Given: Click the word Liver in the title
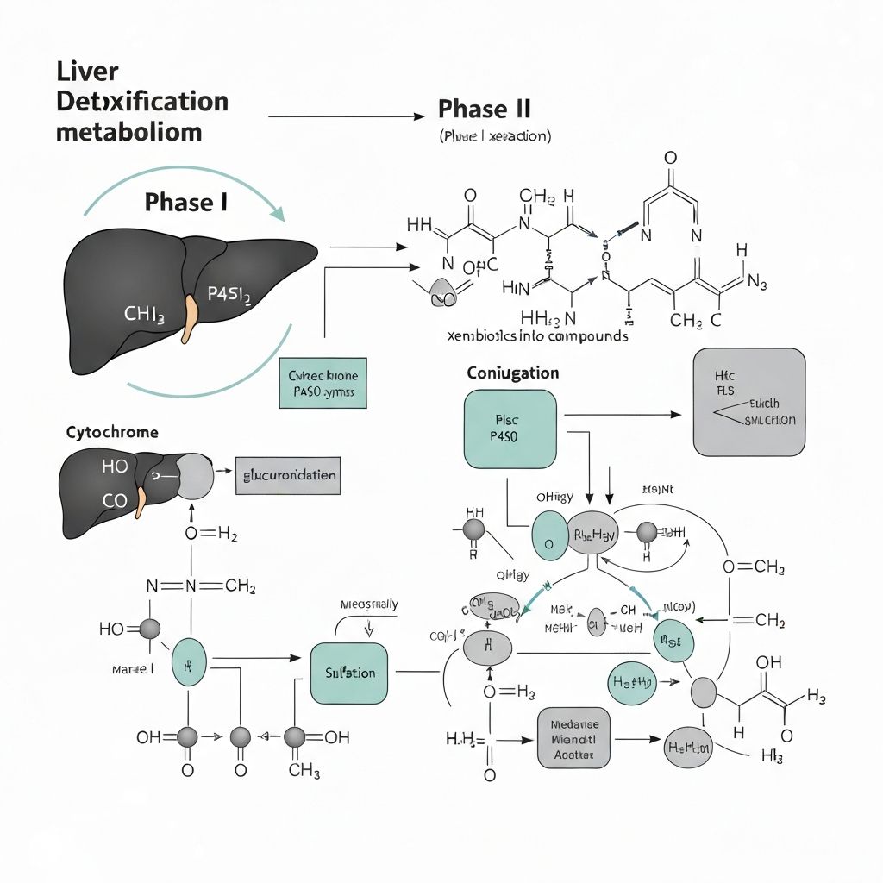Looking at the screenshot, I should tap(87, 71).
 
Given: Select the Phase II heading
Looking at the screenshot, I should tap(484, 110).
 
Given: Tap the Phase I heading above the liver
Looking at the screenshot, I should tap(186, 203).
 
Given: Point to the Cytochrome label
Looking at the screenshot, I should tap(112, 432).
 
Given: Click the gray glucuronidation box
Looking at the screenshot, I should tap(286, 475).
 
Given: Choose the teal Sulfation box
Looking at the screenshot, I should tap(349, 673).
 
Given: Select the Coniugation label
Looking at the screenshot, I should tap(512, 373).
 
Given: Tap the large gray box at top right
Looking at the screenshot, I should tap(748, 401).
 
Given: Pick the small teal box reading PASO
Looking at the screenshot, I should tap(323, 383).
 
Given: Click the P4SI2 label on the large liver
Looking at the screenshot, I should tap(229, 297).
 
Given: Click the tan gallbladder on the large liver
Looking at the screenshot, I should tap(188, 320).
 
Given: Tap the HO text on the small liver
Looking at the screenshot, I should tap(114, 467).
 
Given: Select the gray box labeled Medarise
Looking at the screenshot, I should tap(573, 739).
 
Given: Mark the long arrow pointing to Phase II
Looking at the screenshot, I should tap(345, 116).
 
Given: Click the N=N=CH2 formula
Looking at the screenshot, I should tap(201, 586).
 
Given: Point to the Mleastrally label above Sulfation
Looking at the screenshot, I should tap(369, 604).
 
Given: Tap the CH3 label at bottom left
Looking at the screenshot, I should tap(304, 770).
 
